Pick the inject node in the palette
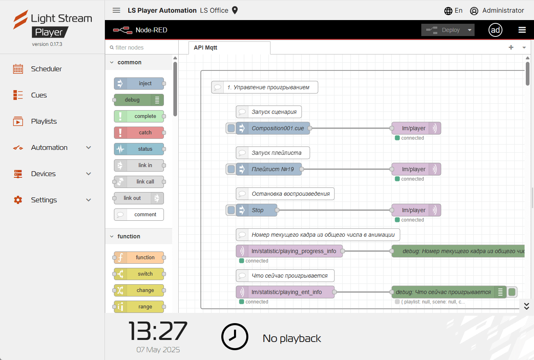[139, 84]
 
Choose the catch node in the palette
[139, 132]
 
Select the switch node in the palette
[139, 274]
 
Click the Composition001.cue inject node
[273, 128]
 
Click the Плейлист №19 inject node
[269, 169]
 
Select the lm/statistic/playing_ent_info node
[285, 292]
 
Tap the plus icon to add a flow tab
[511, 48]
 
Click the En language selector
[453, 11]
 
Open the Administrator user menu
[497, 11]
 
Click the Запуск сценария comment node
[269, 112]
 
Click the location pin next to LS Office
[235, 10]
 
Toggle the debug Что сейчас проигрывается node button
[512, 292]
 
